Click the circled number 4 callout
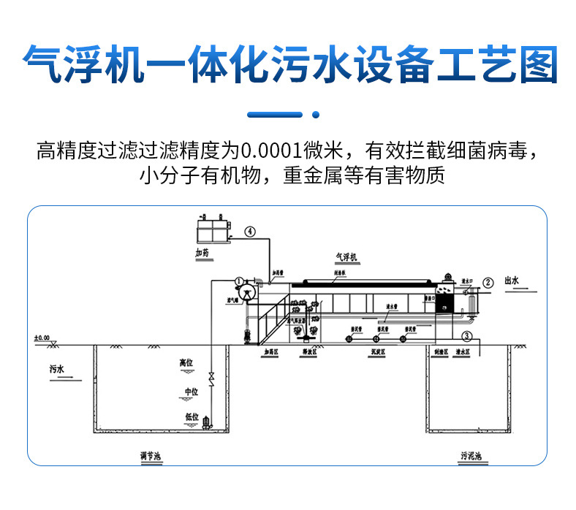point(250,232)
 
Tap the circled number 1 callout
point(240,281)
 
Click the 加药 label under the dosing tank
point(202,253)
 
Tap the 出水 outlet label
point(511,281)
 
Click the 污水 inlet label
point(57,370)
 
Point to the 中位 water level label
point(191,392)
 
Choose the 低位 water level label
point(192,416)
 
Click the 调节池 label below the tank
point(151,457)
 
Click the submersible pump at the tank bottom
point(208,422)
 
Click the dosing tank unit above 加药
point(213,229)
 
